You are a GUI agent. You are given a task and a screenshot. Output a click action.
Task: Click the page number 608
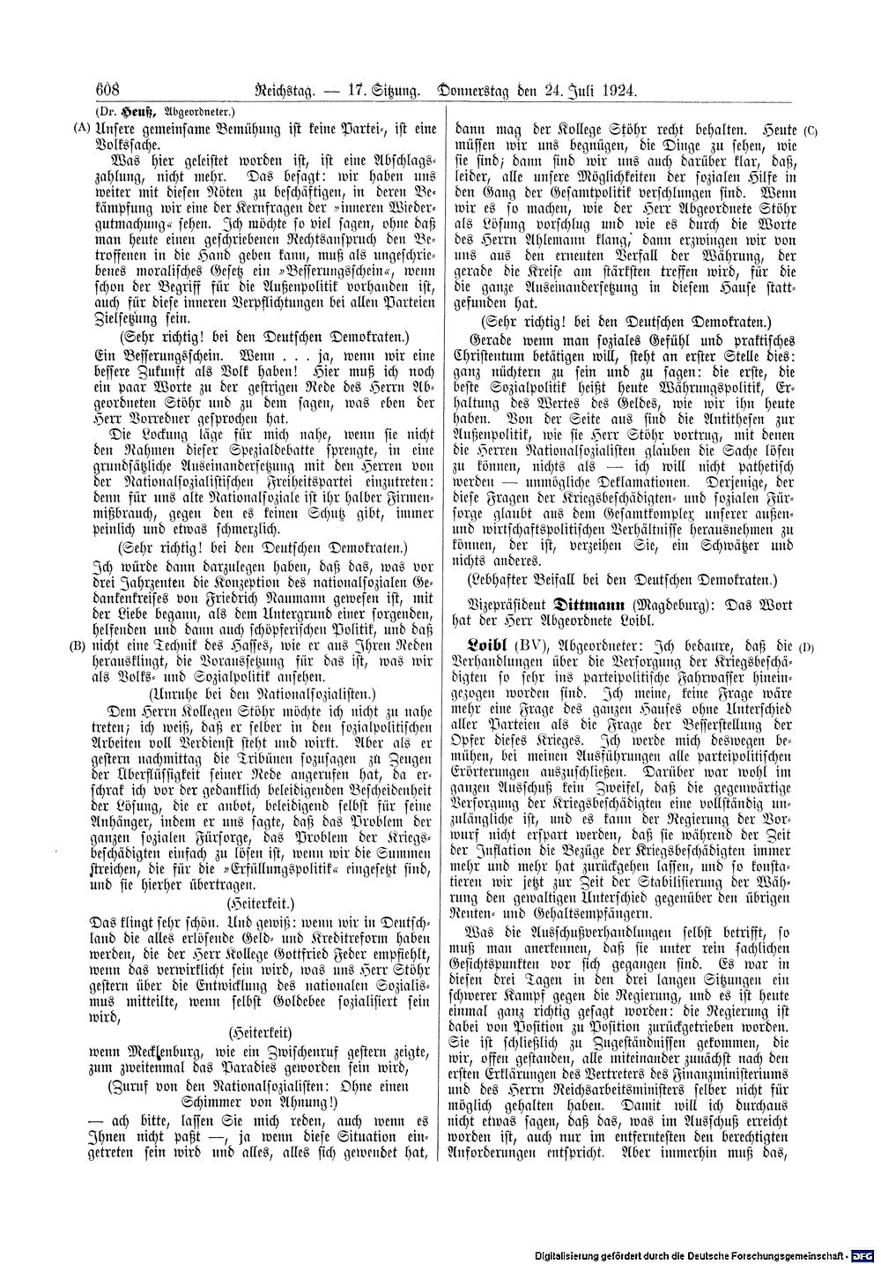pyautogui.click(x=103, y=90)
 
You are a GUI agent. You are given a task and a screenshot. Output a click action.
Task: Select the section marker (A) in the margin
pyautogui.click(x=80, y=128)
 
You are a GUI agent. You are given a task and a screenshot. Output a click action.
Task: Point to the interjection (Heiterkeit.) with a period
pyautogui.click(x=260, y=903)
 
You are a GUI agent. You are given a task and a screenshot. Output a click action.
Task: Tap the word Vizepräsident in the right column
pyautogui.click(x=506, y=606)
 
